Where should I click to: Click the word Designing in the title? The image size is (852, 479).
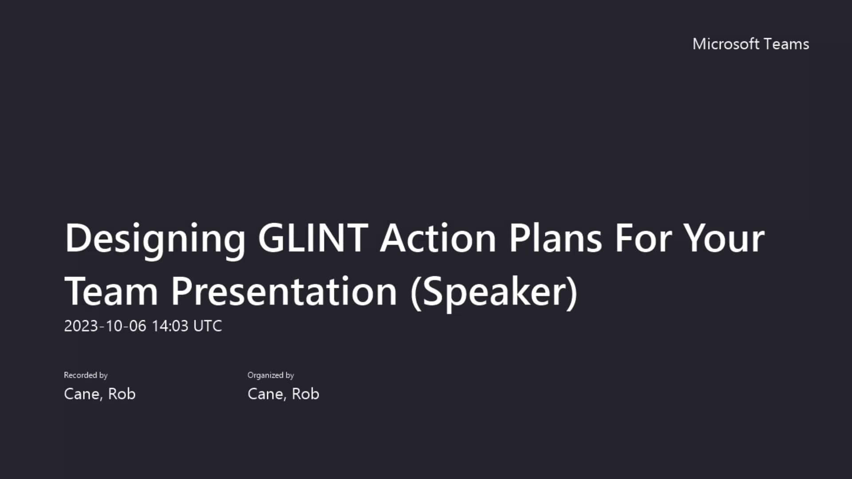pyautogui.click(x=155, y=239)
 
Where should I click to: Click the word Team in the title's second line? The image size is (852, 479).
pyautogui.click(x=111, y=291)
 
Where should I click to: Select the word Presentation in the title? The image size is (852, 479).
pyautogui.click(x=284, y=291)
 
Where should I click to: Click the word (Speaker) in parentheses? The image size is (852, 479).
pyautogui.click(x=494, y=291)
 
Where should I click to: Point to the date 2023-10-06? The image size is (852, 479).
pyautogui.click(x=105, y=326)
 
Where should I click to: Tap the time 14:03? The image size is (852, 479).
pyautogui.click(x=170, y=326)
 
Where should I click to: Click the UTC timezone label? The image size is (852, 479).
pyautogui.click(x=208, y=326)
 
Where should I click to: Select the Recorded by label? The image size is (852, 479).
pyautogui.click(x=86, y=375)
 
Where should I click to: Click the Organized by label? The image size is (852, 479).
pyautogui.click(x=271, y=375)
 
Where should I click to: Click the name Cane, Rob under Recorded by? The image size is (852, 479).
pyautogui.click(x=100, y=394)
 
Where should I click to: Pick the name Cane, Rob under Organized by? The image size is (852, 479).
pyautogui.click(x=283, y=394)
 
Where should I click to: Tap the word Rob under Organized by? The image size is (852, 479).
pyautogui.click(x=305, y=394)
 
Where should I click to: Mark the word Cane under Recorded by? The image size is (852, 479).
pyautogui.click(x=82, y=394)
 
